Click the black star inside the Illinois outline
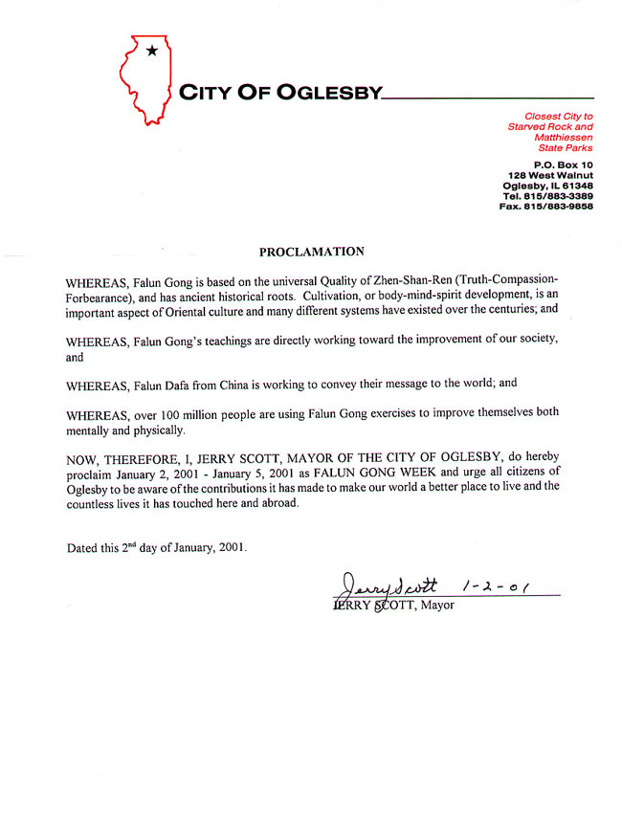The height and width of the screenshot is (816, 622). coord(151,51)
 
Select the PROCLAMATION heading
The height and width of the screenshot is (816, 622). coord(312,253)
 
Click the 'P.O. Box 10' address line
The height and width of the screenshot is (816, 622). coord(565,165)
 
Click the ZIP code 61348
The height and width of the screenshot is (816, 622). coord(575,186)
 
